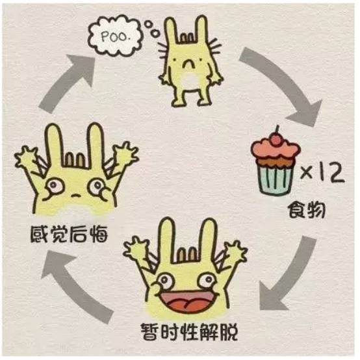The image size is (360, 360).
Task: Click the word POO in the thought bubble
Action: pyautogui.click(x=114, y=37)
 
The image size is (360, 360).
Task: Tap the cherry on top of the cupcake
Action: pyautogui.click(x=276, y=140)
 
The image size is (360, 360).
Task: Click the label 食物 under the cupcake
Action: pyautogui.click(x=307, y=209)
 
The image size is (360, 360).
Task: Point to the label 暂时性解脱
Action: pyautogui.click(x=189, y=332)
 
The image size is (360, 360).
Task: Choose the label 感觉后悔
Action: pyautogui.click(x=69, y=234)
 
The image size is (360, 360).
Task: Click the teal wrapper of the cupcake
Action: pyautogui.click(x=276, y=179)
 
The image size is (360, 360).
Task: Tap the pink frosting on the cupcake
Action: pyautogui.click(x=276, y=149)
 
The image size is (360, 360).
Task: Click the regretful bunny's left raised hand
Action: pyautogui.click(x=26, y=157)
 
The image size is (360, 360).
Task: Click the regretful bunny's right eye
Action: pyautogui.click(x=97, y=185)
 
